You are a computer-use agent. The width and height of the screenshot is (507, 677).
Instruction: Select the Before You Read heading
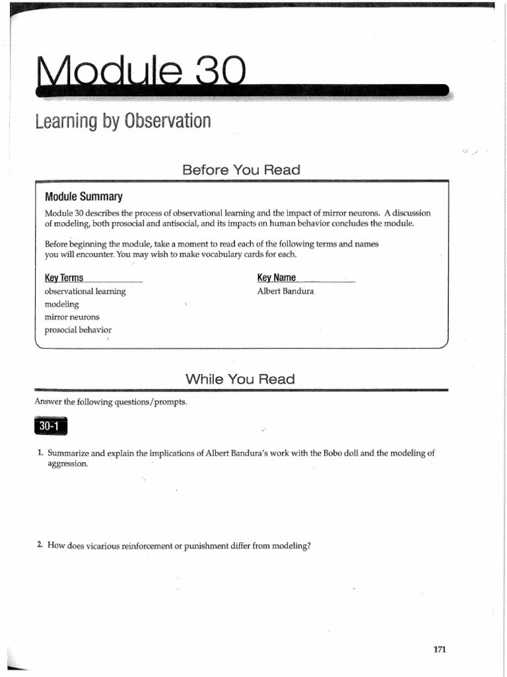[x=241, y=170]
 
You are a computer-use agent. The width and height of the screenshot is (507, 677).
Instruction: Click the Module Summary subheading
[x=83, y=196]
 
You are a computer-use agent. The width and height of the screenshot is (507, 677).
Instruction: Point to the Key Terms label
[x=64, y=278]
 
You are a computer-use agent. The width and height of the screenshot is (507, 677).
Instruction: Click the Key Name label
[x=276, y=278]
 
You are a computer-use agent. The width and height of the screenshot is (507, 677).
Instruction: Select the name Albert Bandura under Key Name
[x=285, y=291]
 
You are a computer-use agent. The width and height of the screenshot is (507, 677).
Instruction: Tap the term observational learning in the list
[x=84, y=291]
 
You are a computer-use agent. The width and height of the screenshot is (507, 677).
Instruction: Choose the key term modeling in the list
[x=61, y=304]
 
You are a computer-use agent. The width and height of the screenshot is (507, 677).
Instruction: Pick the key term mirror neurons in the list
[x=72, y=317]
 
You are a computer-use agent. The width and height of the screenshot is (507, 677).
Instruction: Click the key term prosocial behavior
[x=78, y=330]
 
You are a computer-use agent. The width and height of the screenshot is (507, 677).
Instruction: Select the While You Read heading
[x=240, y=379]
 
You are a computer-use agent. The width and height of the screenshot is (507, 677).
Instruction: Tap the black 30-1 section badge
[x=50, y=427]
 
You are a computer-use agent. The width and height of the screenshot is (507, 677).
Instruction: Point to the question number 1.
[x=40, y=453]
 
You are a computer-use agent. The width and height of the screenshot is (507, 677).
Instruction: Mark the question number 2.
[x=40, y=545]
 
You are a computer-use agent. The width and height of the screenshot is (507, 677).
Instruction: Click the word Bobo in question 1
[x=332, y=453]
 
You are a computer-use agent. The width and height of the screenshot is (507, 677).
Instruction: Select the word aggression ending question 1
[x=67, y=464]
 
